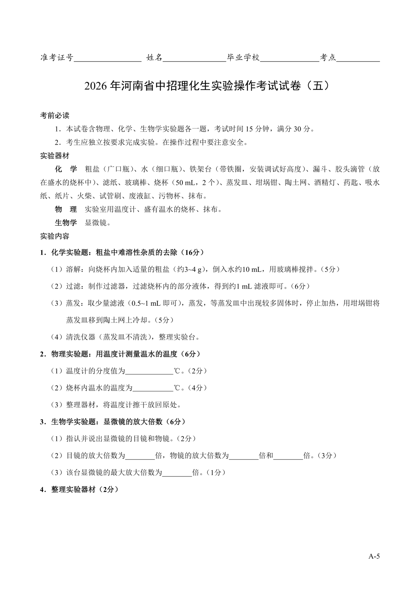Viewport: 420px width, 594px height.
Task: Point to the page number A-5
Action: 374,556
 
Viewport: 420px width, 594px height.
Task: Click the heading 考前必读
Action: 55,116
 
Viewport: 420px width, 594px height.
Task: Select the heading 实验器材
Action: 55,156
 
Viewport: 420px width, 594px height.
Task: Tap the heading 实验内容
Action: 55,236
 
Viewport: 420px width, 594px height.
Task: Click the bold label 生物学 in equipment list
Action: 66,223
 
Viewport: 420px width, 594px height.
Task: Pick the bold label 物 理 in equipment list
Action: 66,209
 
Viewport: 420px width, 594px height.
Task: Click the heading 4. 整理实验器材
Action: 79,490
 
